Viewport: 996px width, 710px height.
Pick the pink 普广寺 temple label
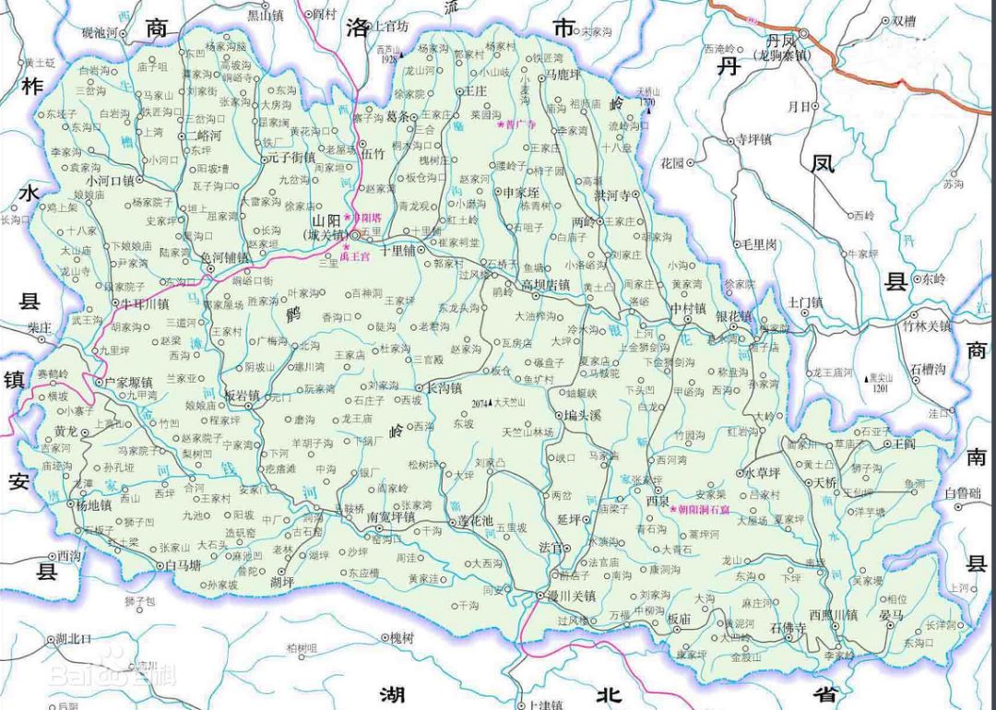519,124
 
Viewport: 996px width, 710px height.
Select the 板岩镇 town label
243,395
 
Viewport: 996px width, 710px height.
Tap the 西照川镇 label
833,614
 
